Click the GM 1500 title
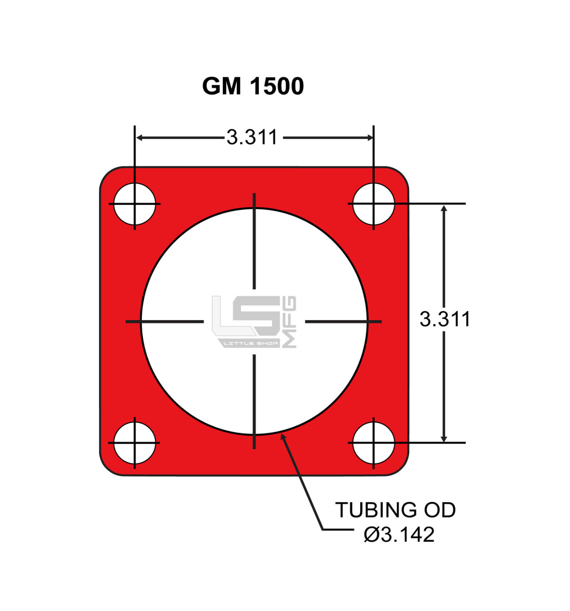(253, 86)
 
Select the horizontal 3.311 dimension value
(252, 137)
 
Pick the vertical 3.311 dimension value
(445, 319)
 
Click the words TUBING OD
(395, 510)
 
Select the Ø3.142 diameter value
(399, 535)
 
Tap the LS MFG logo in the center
(254, 322)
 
